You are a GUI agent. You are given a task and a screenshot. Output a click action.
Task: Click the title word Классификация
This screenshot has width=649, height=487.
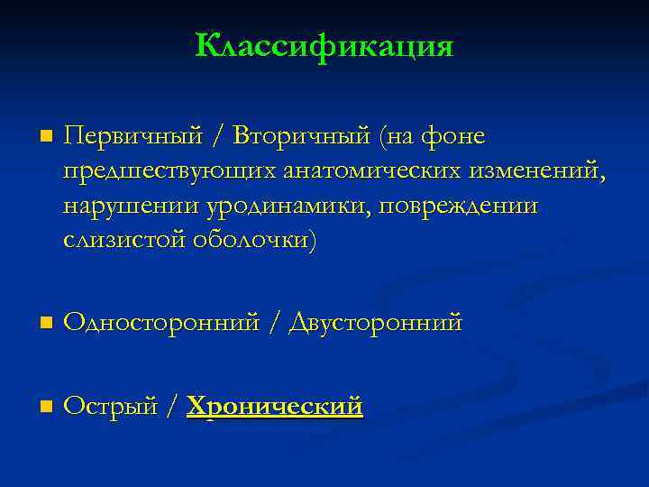coord(324,45)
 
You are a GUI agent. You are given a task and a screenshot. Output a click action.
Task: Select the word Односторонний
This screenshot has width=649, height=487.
coord(162,322)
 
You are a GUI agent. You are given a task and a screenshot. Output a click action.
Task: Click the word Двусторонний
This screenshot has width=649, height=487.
coord(375,322)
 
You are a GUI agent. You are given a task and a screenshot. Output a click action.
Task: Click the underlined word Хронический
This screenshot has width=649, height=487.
coord(275,406)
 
